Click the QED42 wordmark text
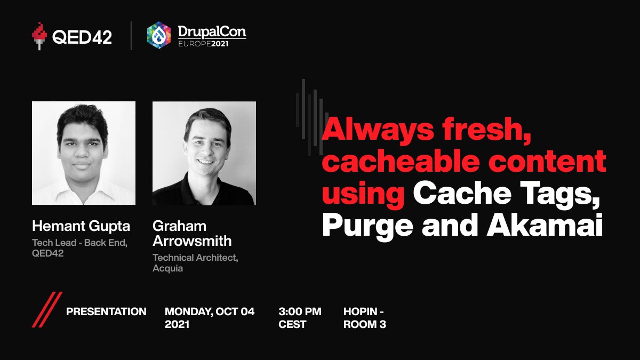coord(82,36)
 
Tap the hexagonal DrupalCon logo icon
coord(159,35)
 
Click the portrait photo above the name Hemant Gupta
coord(84,153)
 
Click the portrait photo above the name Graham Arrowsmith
coord(204,153)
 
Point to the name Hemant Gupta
coord(81,226)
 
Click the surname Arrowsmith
coord(192,241)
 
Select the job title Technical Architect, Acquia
coord(195,263)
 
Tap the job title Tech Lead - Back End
coord(79,243)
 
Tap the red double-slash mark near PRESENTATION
coord(46,309)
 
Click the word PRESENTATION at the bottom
coord(106,311)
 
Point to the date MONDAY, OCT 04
coord(210,311)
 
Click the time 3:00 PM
coord(300,311)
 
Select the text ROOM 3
coord(365,324)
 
